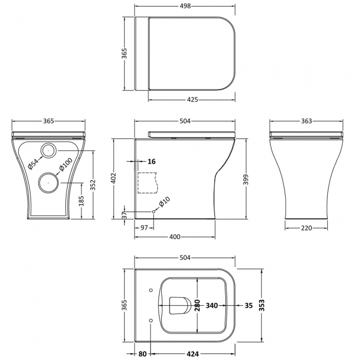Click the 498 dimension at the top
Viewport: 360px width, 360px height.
[x=185, y=6]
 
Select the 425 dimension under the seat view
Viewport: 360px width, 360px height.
[x=192, y=100]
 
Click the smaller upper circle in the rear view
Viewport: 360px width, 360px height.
[x=48, y=149]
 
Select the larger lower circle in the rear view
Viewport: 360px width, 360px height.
[x=48, y=182]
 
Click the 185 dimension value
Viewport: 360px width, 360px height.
[x=82, y=200]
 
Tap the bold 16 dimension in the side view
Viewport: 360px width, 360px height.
[x=152, y=161]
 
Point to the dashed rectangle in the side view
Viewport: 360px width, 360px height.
[x=147, y=183]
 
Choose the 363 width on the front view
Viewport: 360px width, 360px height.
[x=307, y=121]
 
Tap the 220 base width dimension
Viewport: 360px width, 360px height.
[x=306, y=228]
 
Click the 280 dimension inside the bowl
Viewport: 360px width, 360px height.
[x=197, y=305]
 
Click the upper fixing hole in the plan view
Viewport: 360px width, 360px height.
[x=151, y=290]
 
